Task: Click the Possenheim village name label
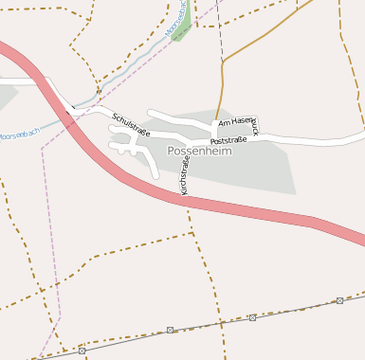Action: [x=199, y=151]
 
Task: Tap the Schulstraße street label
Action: [x=131, y=125]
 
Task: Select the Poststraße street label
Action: [x=228, y=140]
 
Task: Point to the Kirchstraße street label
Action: [x=184, y=176]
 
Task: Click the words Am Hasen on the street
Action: [x=237, y=123]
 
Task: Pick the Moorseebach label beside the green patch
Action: [x=175, y=19]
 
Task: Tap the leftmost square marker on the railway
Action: [x=82, y=351]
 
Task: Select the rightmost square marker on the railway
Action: [x=339, y=300]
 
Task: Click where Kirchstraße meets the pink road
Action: [x=187, y=198]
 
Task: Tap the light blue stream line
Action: [x=123, y=72]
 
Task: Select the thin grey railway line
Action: [x=209, y=324]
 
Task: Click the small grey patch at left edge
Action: [x=6, y=96]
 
